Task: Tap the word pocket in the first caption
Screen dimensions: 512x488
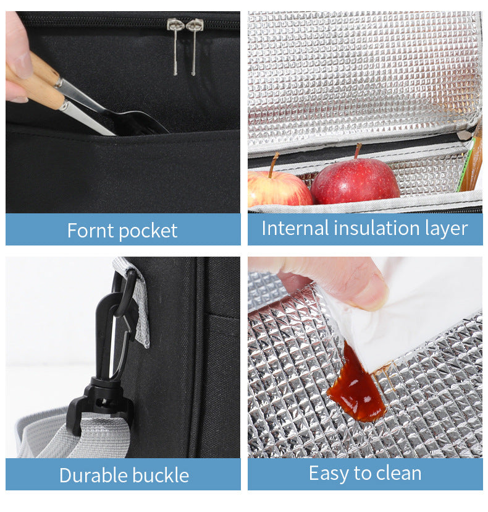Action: [x=148, y=231]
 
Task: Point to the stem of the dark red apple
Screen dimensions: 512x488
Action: [x=357, y=150]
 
